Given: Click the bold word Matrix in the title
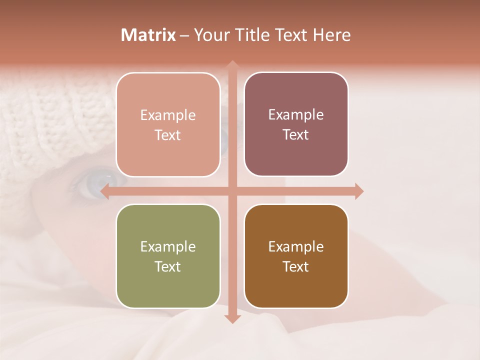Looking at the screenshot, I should (x=148, y=35).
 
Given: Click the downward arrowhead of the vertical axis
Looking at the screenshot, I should (x=232, y=318).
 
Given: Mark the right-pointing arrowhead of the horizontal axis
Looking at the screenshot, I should (x=358, y=191).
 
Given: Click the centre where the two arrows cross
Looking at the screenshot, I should (x=232, y=191).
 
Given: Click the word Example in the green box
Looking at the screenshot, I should (x=168, y=246).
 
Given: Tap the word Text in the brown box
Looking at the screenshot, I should (x=296, y=266).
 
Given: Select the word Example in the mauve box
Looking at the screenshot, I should (x=296, y=115).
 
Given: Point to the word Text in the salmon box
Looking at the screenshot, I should (x=168, y=135).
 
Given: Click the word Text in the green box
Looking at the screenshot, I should (x=168, y=266).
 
